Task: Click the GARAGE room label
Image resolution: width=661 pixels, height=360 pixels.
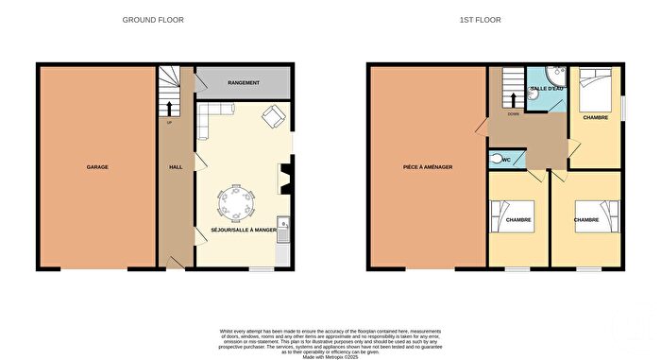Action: (97, 167)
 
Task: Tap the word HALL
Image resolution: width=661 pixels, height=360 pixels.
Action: (175, 167)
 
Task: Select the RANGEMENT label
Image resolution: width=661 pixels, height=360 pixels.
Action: (242, 83)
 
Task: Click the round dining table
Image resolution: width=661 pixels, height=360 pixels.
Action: (236, 202)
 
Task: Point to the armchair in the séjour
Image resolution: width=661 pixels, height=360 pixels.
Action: (272, 118)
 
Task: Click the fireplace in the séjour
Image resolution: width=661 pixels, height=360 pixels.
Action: (283, 177)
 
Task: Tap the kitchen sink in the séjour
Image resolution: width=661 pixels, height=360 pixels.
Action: (282, 225)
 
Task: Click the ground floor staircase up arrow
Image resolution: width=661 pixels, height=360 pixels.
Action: (171, 109)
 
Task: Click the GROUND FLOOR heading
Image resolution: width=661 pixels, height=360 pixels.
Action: (154, 19)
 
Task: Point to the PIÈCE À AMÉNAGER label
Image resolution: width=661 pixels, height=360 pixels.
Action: (429, 167)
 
